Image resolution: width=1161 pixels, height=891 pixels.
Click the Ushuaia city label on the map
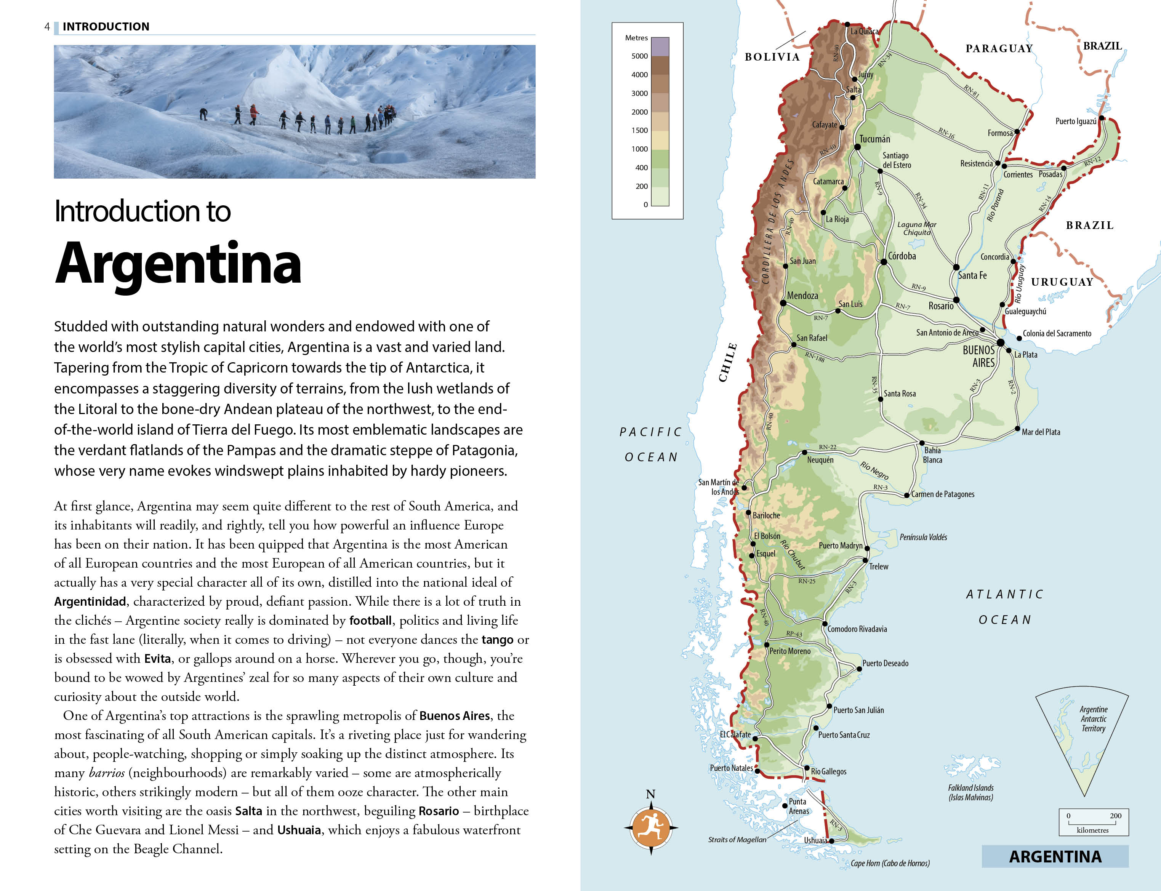(815, 840)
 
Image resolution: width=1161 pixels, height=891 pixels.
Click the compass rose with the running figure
(651, 827)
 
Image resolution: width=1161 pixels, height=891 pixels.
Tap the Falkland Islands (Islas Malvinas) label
(970, 792)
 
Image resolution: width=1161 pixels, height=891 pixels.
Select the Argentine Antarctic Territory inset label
(1093, 719)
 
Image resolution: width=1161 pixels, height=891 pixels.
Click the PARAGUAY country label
(999, 49)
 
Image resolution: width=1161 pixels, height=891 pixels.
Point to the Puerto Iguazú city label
(1076, 122)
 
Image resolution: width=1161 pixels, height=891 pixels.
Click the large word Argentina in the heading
(178, 264)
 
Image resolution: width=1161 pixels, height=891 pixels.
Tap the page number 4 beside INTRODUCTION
(47, 27)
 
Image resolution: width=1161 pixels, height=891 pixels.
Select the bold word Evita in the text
(157, 659)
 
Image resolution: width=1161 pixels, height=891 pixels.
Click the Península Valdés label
(923, 537)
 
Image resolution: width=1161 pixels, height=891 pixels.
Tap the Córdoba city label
(902, 256)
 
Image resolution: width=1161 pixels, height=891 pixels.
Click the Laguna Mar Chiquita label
(916, 229)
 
